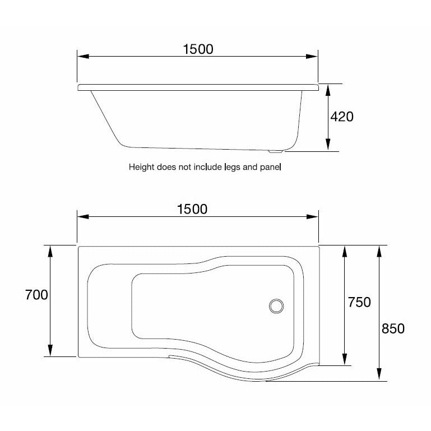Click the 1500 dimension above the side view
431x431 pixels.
198,49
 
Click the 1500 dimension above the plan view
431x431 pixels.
192,209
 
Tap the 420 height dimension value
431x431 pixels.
342,117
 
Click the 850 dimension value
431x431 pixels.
393,328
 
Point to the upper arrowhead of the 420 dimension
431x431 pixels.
327,89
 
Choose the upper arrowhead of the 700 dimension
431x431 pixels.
50,251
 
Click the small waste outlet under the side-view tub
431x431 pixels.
274,151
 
